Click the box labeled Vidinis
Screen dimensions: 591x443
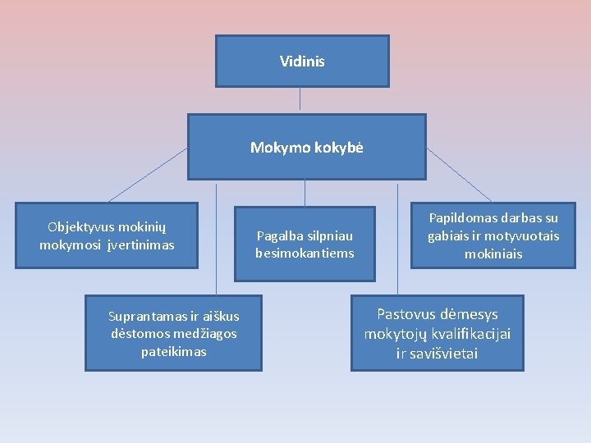302,62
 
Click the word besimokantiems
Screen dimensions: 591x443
305,253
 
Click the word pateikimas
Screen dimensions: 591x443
173,351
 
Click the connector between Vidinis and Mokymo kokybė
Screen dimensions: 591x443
300,99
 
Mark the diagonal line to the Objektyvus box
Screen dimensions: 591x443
148,175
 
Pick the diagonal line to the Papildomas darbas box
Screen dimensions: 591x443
459,175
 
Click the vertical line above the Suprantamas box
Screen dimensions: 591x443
216,238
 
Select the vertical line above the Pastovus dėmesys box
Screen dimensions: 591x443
397,238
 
